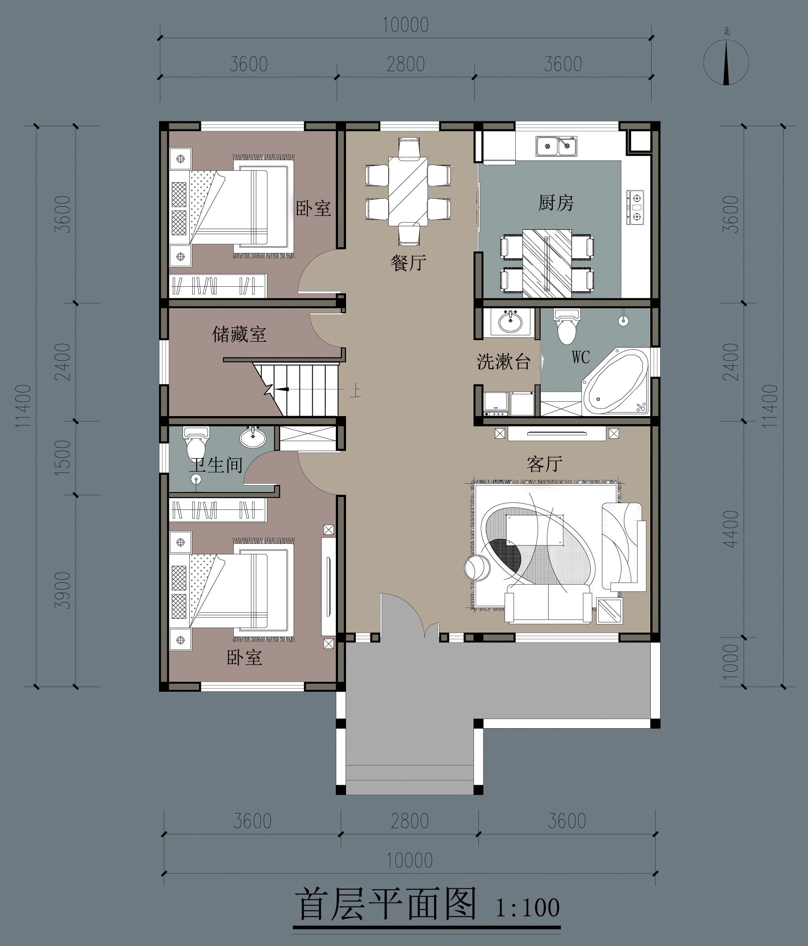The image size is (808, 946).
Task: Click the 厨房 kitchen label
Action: click(x=556, y=203)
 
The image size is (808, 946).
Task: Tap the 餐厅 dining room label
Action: click(x=408, y=263)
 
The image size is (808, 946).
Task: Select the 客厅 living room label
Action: click(x=544, y=464)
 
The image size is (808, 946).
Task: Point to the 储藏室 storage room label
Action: click(x=239, y=334)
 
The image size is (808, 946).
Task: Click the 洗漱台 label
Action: click(x=504, y=361)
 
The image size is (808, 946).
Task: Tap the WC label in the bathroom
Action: click(x=581, y=357)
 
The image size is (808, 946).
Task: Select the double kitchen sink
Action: click(x=556, y=146)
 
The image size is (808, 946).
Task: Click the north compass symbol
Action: click(x=726, y=62)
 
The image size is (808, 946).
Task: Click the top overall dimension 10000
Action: click(x=406, y=25)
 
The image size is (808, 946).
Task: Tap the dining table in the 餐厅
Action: click(x=408, y=191)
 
